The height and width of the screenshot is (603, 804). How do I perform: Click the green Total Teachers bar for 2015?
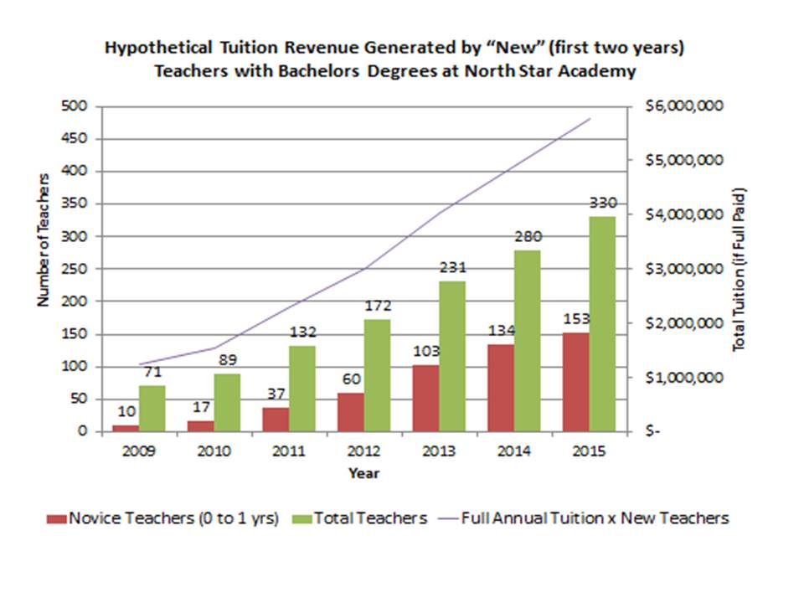601,323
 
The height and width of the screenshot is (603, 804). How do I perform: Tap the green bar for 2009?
151,408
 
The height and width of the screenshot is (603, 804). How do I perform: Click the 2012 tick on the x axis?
352,451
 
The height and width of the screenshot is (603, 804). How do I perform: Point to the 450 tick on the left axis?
78,139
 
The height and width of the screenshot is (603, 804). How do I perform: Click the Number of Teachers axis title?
44,240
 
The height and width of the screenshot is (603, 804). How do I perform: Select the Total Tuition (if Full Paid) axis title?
739,268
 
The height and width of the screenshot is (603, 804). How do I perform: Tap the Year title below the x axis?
363,474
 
